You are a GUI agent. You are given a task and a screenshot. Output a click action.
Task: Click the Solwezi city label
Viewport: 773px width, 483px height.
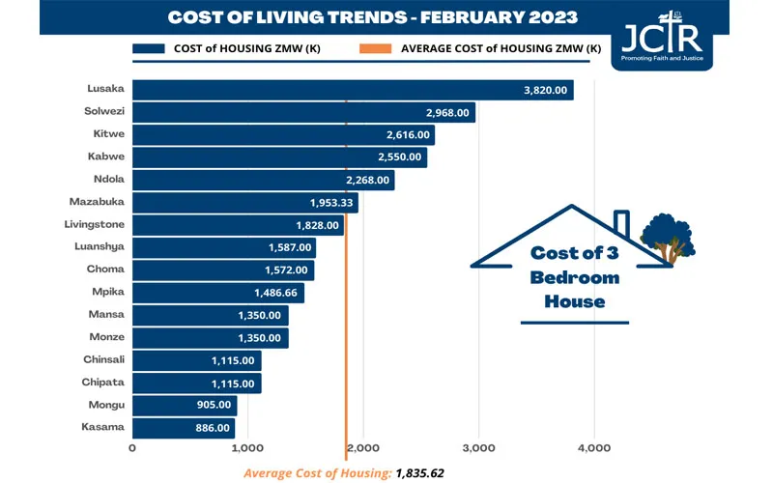tap(103, 113)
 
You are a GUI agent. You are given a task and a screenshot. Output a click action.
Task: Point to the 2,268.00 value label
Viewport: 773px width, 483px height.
tap(367, 180)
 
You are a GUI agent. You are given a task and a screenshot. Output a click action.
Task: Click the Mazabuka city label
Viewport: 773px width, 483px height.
tap(97, 202)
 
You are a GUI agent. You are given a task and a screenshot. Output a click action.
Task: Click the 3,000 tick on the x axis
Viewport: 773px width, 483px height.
tap(478, 448)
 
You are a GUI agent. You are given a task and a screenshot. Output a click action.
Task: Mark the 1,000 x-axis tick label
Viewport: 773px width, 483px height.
tap(247, 448)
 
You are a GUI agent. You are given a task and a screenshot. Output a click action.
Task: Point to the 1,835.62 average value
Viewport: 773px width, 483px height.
tap(418, 472)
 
